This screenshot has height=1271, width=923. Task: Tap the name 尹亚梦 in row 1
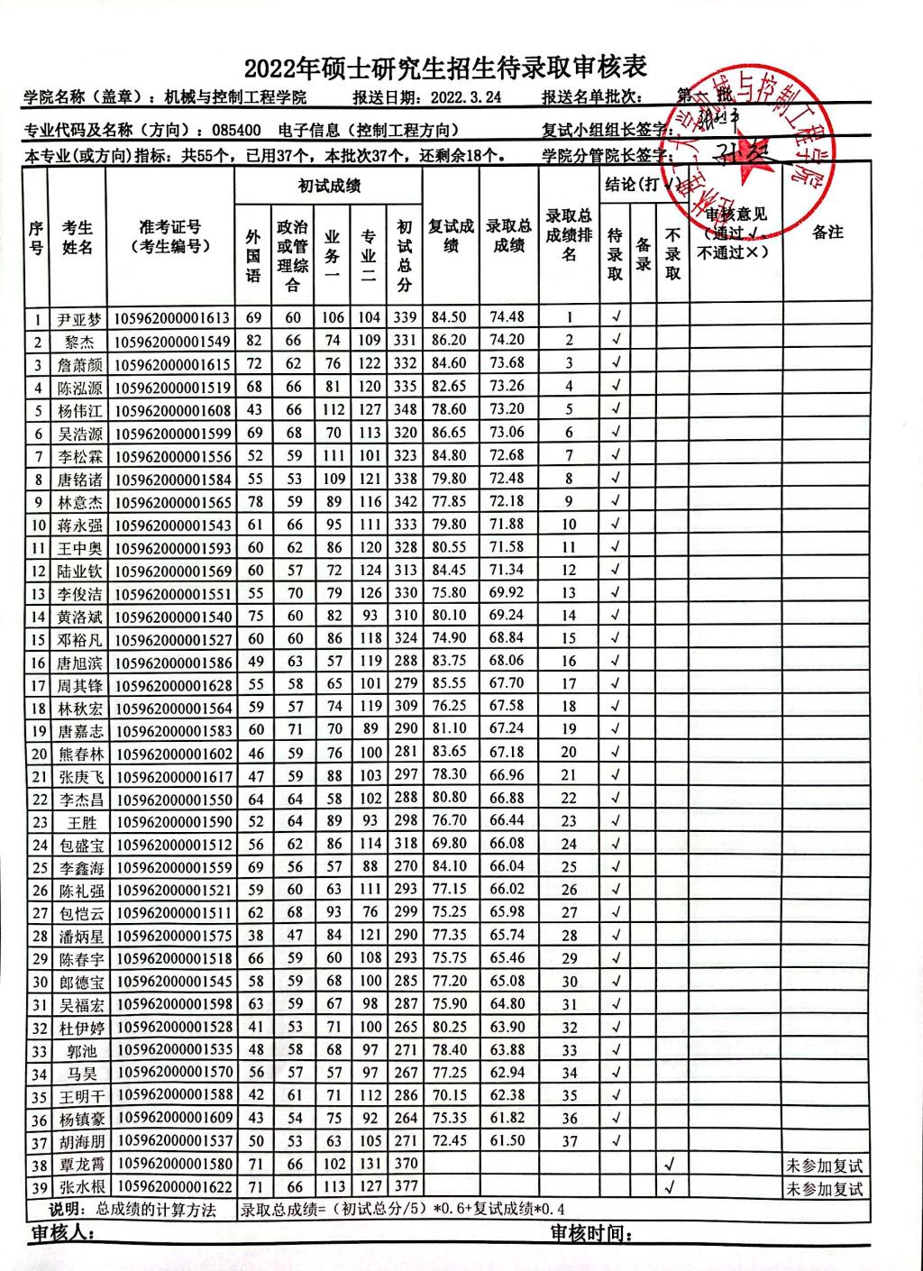coord(79,319)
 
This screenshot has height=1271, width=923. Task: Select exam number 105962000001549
coord(173,342)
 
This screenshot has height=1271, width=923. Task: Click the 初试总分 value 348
coord(405,410)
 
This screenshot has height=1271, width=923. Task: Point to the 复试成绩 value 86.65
coord(449,433)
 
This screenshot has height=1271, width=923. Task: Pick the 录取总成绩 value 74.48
coord(507,317)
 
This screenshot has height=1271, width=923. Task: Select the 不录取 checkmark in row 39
coord(670,1187)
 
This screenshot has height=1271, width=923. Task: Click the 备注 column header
coord(827,233)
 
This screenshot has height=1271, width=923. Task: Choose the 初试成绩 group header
coord(329,187)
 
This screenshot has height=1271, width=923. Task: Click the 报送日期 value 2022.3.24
coord(466,97)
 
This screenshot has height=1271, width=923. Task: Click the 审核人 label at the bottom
coord(63,1233)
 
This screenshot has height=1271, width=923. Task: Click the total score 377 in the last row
coord(405,1187)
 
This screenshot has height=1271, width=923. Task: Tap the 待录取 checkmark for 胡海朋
coord(616,1141)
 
